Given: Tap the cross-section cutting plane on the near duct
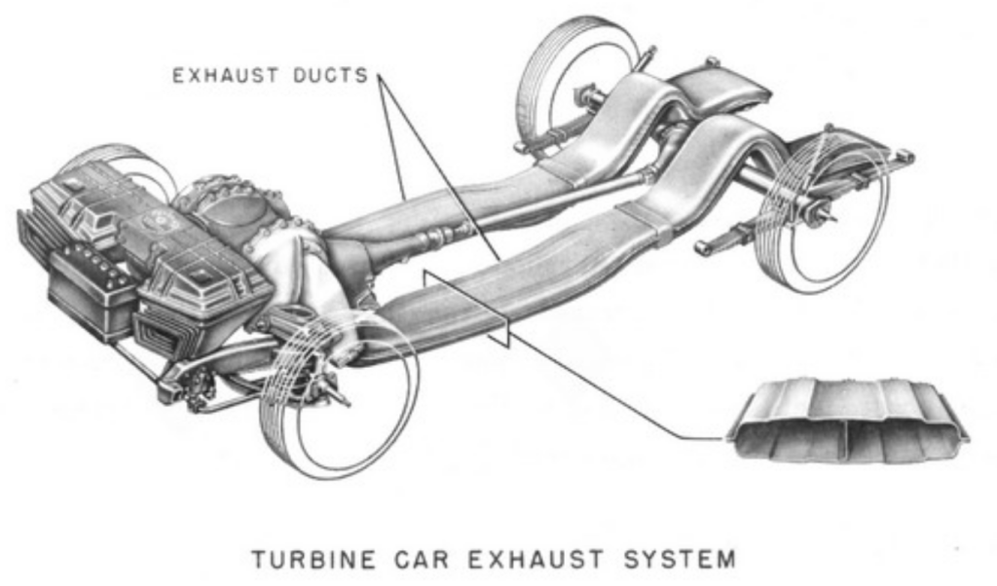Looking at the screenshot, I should pos(465,308).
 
